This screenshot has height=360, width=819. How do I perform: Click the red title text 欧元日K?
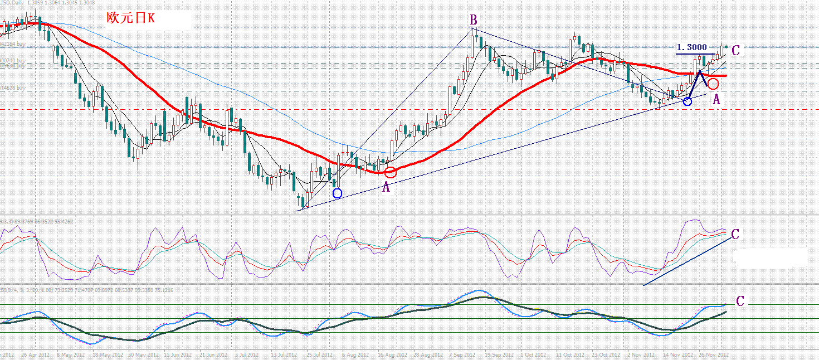[131, 18]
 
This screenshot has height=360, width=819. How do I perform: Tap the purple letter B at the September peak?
[473, 21]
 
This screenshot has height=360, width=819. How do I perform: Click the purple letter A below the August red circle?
[386, 188]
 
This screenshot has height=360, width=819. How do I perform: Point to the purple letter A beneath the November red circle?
[716, 100]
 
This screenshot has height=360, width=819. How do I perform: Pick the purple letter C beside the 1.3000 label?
[735, 51]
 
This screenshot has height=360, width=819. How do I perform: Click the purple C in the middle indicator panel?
[735, 235]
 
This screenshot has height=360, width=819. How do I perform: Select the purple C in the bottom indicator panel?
[740, 301]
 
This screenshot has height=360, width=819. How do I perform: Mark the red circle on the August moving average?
[391, 172]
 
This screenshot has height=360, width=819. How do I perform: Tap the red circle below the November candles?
[713, 84]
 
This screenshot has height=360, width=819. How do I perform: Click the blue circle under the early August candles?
[337, 193]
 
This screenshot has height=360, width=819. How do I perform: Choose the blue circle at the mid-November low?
[688, 101]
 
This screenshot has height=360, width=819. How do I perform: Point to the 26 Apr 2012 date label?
[36, 354]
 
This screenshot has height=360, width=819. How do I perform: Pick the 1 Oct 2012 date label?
[534, 354]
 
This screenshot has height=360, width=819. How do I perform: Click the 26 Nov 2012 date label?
[714, 354]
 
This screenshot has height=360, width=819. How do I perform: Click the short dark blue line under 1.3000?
[695, 53]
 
